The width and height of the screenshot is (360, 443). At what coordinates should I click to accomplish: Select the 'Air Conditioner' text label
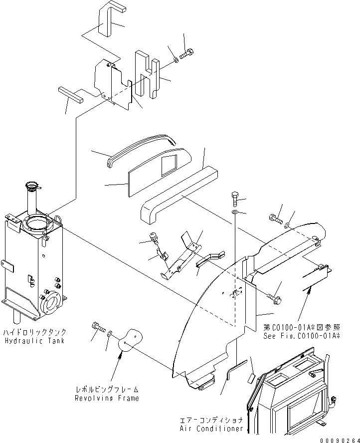pos(211,429)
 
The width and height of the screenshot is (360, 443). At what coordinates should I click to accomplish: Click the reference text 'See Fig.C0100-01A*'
pos(302,336)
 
